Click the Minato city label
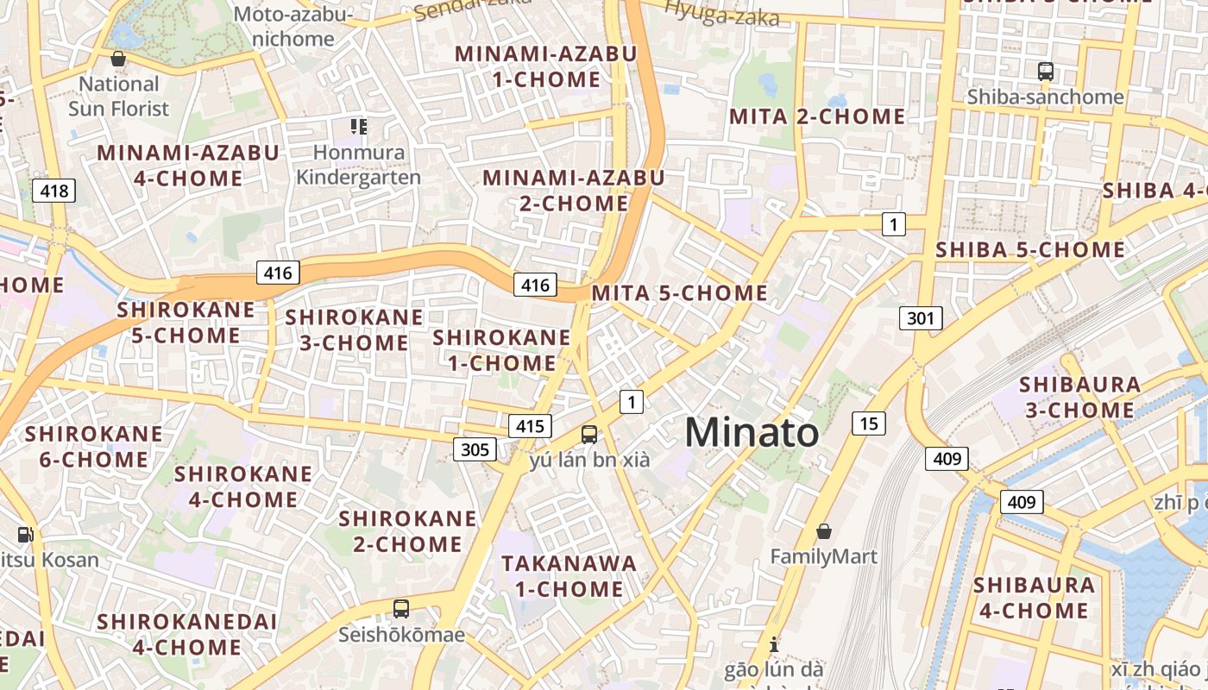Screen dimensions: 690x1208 pyautogui.click(x=752, y=432)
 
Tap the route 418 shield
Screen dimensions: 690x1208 pyautogui.click(x=53, y=191)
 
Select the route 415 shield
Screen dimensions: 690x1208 pyautogui.click(x=530, y=425)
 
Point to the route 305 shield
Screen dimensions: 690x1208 pyautogui.click(x=475, y=448)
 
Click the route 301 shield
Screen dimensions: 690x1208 pyautogui.click(x=921, y=318)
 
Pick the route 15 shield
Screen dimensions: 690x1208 pyautogui.click(x=868, y=423)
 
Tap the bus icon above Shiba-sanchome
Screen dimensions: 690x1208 pyautogui.click(x=1046, y=72)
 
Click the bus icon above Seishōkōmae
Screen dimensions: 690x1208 pyautogui.click(x=401, y=609)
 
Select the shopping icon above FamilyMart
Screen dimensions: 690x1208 pyautogui.click(x=824, y=531)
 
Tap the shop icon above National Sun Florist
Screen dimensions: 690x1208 pyautogui.click(x=118, y=59)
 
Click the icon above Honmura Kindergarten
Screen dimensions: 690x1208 pyautogui.click(x=359, y=128)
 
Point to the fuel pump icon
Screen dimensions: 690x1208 pyautogui.click(x=25, y=535)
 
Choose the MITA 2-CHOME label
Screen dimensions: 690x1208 pyautogui.click(x=817, y=116)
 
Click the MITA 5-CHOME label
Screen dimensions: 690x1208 pyautogui.click(x=679, y=293)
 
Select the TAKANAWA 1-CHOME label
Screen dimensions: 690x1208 pyautogui.click(x=569, y=576)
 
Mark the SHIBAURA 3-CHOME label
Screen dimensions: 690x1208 pyautogui.click(x=1079, y=397)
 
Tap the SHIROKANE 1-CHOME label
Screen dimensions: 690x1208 pyautogui.click(x=501, y=350)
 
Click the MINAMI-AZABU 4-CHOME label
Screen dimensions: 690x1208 pyautogui.click(x=188, y=166)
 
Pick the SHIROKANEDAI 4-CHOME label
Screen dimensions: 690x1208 pyautogui.click(x=186, y=634)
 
